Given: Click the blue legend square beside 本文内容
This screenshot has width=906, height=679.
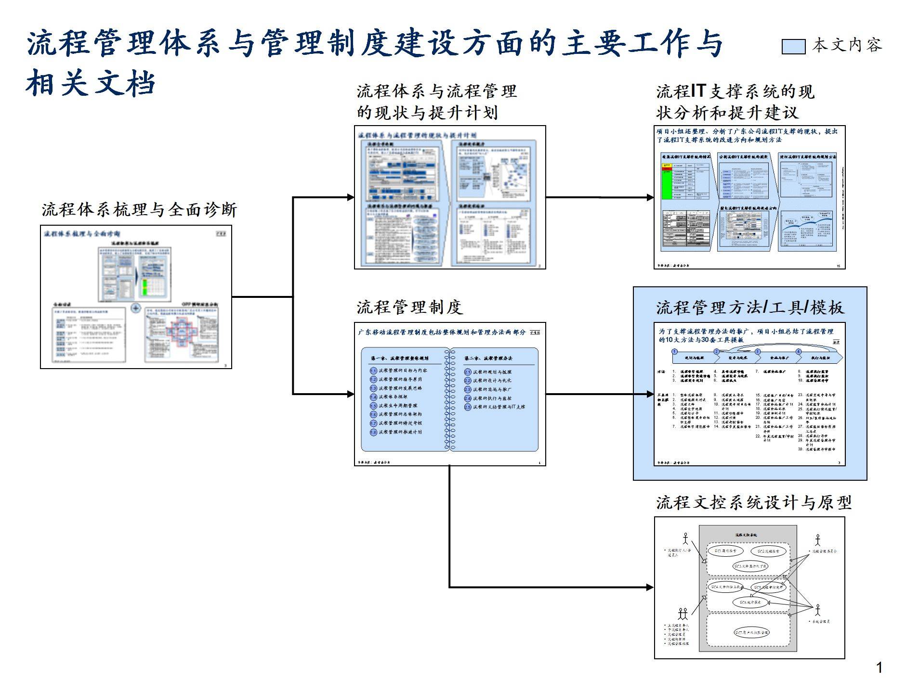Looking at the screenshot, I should pos(793,46).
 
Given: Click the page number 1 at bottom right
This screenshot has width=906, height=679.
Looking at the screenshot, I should pos(879,667).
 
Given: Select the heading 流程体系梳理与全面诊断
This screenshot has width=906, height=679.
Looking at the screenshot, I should pos(140,210).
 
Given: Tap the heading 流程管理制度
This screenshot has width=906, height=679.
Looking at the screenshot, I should pos(409,307).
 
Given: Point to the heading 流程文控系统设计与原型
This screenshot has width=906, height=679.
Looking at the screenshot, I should pos(754,503).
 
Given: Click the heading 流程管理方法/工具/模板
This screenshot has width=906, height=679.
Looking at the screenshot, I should pos(750,307).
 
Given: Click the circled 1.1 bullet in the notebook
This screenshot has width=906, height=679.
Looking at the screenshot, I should pos(373,371).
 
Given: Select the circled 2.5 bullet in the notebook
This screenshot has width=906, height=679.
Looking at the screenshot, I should pos(468,407).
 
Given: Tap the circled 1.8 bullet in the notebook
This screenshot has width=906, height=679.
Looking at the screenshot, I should pos(373,432).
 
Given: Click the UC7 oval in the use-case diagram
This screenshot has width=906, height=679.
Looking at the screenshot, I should pos(751,632).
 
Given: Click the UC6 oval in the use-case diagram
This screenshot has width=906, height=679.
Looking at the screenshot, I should pos(750,602).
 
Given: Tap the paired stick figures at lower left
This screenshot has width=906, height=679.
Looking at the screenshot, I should pos(683,614).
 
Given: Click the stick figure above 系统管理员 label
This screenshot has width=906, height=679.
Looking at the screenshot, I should pos(817,610).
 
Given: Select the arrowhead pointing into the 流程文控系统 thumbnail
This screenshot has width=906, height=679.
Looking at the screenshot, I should pos(650,587).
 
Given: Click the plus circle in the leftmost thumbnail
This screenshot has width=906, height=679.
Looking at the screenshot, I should pos(136,308).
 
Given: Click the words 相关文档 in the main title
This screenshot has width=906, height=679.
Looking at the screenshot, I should pos(91,83).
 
